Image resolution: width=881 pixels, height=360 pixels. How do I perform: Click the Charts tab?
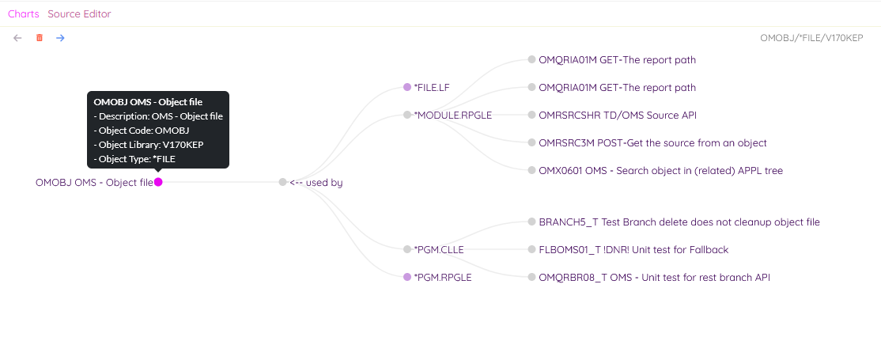click(24, 14)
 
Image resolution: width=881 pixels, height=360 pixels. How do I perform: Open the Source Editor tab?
click(79, 14)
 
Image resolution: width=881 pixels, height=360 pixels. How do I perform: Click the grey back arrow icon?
click(17, 38)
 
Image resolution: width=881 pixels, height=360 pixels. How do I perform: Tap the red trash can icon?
click(40, 38)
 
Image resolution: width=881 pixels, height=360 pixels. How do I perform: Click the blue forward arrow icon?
click(60, 38)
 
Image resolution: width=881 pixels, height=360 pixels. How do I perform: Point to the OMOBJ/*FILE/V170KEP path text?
click(811, 38)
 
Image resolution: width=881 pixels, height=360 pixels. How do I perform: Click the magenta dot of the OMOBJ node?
click(158, 182)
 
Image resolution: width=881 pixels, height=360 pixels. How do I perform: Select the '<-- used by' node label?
click(316, 182)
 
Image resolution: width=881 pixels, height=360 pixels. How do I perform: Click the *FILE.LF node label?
click(432, 87)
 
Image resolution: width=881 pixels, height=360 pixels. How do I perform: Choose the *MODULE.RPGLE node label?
click(452, 116)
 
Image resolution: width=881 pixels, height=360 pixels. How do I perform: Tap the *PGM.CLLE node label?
click(439, 250)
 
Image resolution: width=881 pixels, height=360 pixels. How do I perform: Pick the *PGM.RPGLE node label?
click(442, 277)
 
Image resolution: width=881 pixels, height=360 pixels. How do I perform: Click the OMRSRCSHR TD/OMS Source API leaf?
click(618, 116)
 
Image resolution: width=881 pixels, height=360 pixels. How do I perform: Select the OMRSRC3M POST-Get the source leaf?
click(652, 143)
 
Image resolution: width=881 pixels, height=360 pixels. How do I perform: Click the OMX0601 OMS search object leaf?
click(660, 170)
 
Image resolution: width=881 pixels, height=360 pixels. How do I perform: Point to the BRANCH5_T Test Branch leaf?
click(679, 222)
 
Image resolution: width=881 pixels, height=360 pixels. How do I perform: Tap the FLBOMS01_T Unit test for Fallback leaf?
click(633, 250)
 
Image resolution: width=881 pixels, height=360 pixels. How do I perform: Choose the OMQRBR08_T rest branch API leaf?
click(654, 277)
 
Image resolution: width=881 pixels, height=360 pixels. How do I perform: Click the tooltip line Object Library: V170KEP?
click(149, 145)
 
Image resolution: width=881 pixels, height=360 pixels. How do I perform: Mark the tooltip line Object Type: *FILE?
click(135, 159)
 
